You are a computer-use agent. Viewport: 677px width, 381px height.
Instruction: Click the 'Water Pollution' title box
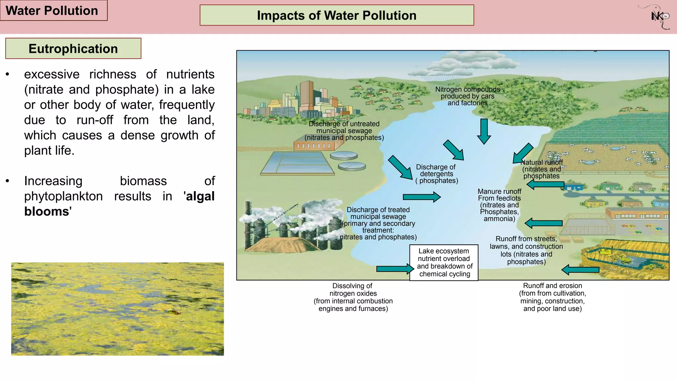point(53,11)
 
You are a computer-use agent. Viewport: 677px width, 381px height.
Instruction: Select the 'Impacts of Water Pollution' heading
point(337,15)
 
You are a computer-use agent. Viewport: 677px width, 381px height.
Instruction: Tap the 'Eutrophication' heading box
point(73,49)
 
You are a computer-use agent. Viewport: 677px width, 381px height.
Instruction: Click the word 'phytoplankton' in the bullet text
point(63,196)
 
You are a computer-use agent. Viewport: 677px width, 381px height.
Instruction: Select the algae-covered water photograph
point(117,309)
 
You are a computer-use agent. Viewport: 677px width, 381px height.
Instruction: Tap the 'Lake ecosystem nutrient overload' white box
point(444,263)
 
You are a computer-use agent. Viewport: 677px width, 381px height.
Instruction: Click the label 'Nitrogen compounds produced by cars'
point(467,96)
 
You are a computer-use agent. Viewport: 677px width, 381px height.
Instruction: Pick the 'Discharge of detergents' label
point(436,174)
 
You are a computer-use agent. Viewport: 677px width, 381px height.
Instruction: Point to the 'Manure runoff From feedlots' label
point(499,205)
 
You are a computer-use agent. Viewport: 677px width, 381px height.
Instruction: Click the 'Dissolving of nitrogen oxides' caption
point(353,297)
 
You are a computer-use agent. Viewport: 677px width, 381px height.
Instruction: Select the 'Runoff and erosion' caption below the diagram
point(552,297)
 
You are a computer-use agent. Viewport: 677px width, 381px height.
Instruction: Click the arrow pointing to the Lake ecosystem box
point(395,269)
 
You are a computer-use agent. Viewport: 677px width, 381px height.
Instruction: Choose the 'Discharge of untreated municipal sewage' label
point(344,131)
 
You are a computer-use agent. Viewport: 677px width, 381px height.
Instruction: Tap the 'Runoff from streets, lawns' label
point(526,250)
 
